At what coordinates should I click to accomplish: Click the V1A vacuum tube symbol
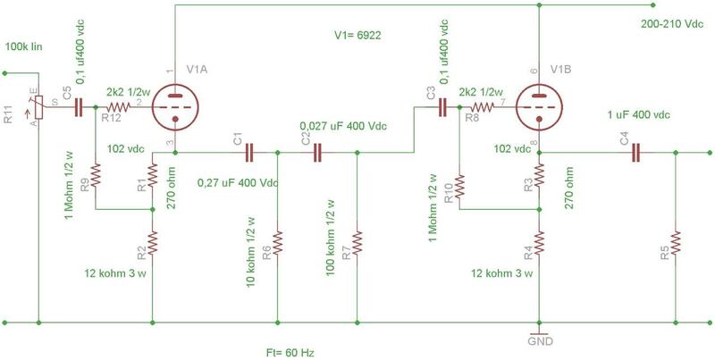(174, 106)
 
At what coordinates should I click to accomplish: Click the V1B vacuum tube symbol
(539, 106)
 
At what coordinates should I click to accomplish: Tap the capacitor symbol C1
(250, 152)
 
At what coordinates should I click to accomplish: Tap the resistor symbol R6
(278, 241)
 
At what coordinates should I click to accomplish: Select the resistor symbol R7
(357, 241)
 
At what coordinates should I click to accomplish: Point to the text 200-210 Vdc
(671, 25)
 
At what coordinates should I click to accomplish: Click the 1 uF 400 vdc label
(638, 116)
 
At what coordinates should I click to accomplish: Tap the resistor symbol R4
(539, 242)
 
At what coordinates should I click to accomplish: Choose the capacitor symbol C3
(442, 106)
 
